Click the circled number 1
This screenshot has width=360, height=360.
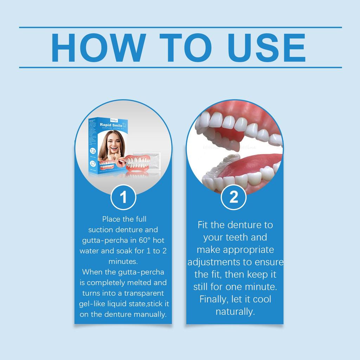point(123,198)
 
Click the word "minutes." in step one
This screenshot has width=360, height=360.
point(123,262)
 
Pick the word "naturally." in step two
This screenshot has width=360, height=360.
point(235,311)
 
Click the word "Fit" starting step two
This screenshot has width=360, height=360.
point(203,225)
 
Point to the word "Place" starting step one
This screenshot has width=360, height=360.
point(111,219)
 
